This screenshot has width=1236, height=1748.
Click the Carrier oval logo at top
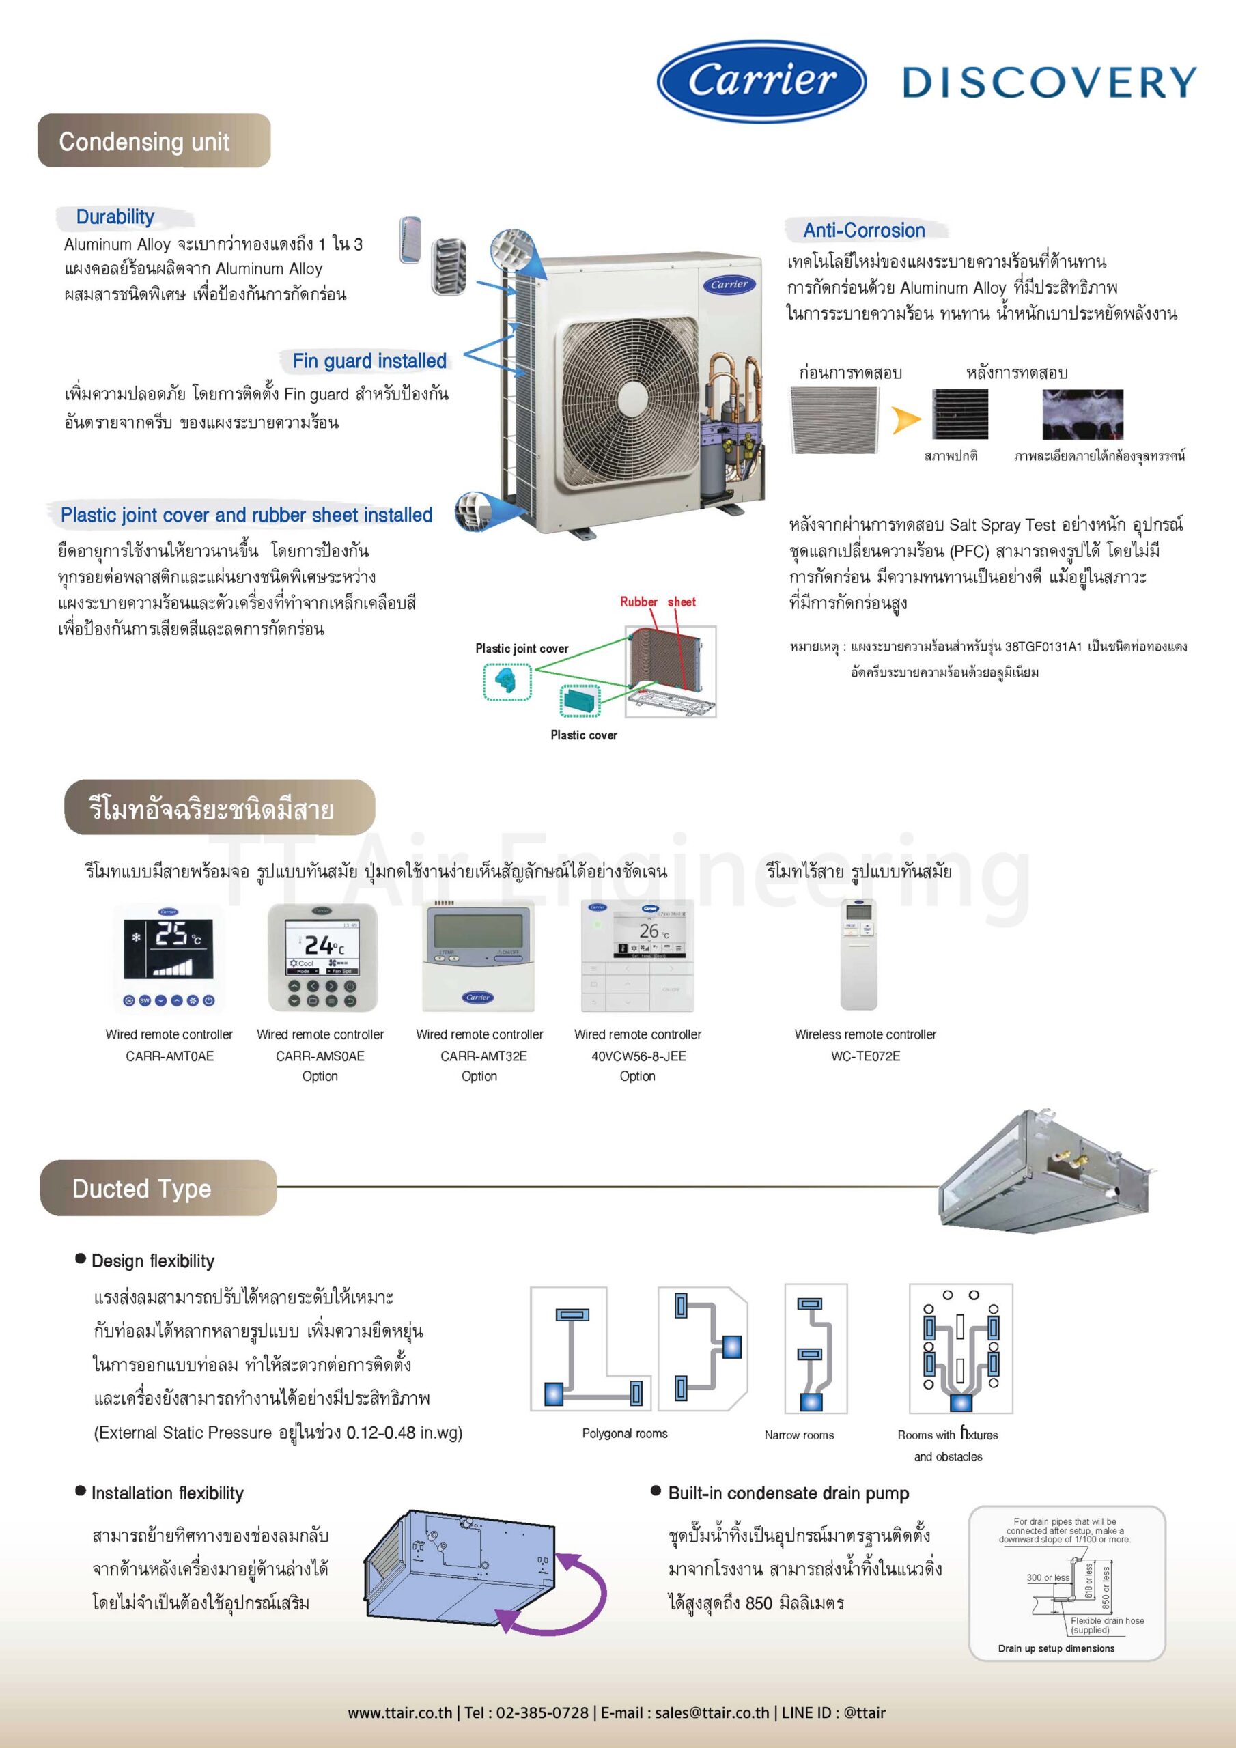[761, 81]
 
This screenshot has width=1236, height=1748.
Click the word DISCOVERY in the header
[1050, 82]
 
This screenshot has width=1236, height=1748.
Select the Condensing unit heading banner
[154, 141]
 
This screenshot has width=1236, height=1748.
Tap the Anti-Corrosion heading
[864, 230]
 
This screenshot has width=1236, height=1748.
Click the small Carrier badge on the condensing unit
[729, 284]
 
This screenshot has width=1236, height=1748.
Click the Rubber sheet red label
[657, 602]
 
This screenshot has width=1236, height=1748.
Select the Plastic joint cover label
[522, 648]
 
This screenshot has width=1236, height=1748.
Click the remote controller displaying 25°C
[169, 959]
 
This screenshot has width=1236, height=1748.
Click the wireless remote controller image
[858, 955]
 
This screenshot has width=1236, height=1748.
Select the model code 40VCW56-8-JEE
[638, 1056]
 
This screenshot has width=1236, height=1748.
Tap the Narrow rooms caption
[799, 1435]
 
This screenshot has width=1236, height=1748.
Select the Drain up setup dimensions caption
[1056, 1648]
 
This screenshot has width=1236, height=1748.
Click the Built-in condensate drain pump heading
[788, 1493]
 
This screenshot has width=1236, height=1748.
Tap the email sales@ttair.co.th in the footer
[712, 1713]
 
